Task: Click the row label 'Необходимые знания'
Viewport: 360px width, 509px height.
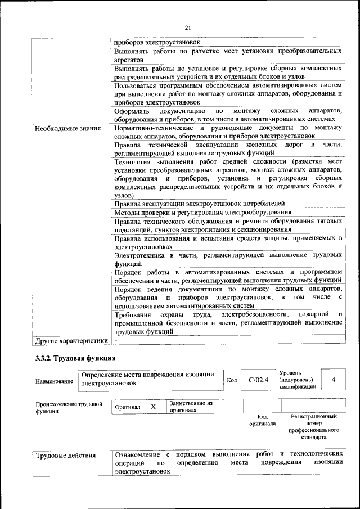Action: tap(67, 128)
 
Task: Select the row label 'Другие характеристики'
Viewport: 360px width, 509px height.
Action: tap(71, 341)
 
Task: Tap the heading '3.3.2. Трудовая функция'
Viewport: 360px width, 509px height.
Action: tap(75, 358)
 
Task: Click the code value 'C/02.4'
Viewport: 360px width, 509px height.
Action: tap(259, 379)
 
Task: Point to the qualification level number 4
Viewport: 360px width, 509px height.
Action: tap(334, 379)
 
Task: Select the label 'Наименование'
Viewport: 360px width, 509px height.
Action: tap(54, 381)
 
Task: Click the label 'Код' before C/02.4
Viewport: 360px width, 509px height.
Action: tap(231, 380)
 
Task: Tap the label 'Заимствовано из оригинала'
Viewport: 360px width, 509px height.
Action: tap(191, 407)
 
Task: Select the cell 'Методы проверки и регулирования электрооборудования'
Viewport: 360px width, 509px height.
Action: tap(202, 212)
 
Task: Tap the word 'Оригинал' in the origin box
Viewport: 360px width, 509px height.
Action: tap(127, 407)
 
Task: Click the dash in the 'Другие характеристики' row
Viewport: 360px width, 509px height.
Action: tap(116, 341)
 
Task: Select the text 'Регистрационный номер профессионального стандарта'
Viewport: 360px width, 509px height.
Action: tap(313, 426)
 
